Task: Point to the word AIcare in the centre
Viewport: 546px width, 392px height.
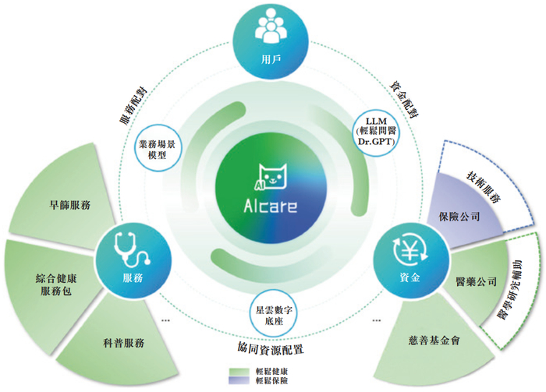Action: [x=273, y=209]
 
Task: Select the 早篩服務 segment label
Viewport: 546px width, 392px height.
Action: [x=69, y=205]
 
